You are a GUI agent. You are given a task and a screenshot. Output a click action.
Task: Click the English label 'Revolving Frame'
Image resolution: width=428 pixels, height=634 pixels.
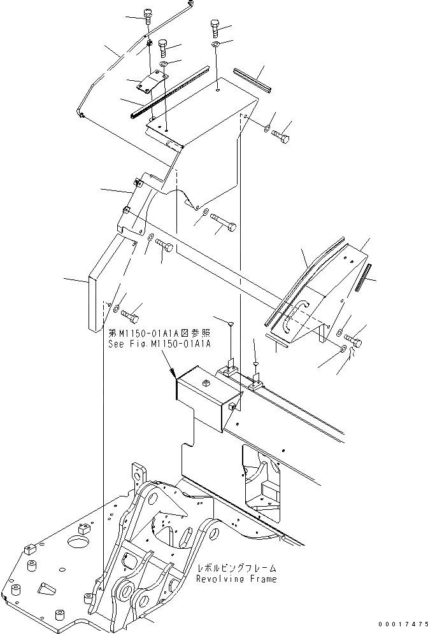pyautogui.click(x=236, y=579)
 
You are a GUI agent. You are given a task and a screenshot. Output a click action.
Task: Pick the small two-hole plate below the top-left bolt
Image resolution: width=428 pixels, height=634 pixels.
pyautogui.click(x=153, y=83)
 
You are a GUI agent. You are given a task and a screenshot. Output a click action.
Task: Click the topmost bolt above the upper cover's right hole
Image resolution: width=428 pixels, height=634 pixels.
pyautogui.click(x=214, y=27)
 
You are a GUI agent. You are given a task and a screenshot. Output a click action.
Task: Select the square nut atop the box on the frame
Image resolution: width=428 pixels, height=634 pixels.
pyautogui.click(x=206, y=383)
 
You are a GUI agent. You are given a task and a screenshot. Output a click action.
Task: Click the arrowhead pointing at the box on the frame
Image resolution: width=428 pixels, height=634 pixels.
pyautogui.click(x=173, y=376)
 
